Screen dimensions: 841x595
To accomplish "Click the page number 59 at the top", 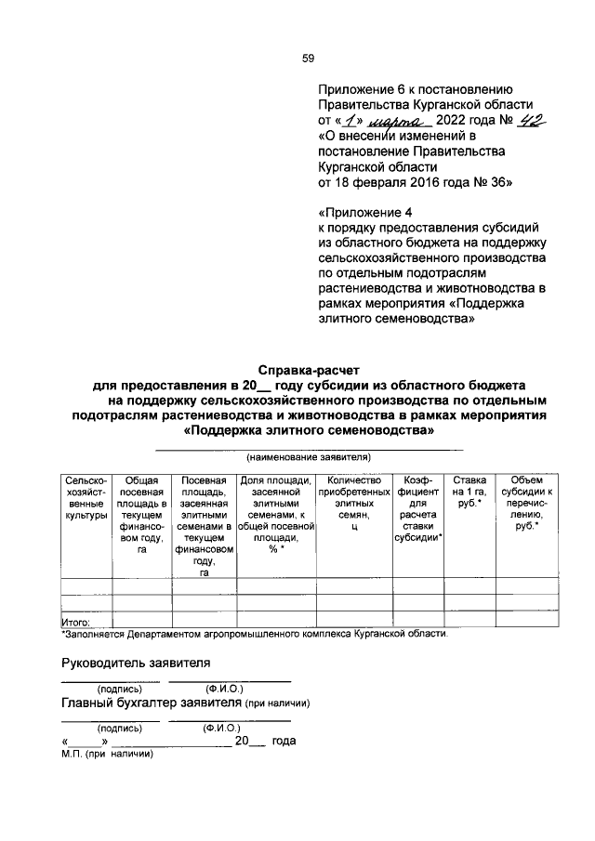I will click(308, 59).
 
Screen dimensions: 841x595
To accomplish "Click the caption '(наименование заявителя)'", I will click(308, 457).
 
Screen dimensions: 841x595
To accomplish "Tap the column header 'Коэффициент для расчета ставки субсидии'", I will click(417, 508).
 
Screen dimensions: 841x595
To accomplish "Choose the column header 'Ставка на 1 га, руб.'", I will click(467, 489).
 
